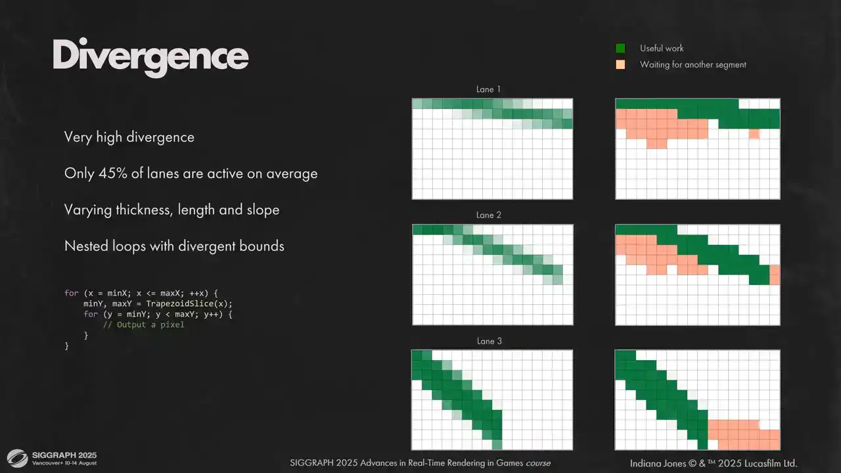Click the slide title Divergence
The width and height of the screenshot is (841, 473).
pyautogui.click(x=150, y=57)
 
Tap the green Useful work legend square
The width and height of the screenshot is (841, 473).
pyautogui.click(x=620, y=48)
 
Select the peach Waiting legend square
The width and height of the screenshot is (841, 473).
pyautogui.click(x=620, y=64)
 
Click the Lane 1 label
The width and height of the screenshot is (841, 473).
pyautogui.click(x=488, y=89)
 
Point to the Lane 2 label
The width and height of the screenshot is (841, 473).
pyautogui.click(x=488, y=215)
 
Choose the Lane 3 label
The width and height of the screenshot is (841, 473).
pyautogui.click(x=489, y=341)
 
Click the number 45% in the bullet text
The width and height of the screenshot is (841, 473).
pyautogui.click(x=112, y=173)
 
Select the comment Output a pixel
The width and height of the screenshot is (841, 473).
pyautogui.click(x=143, y=325)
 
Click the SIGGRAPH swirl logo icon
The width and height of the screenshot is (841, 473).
pyautogui.click(x=17, y=459)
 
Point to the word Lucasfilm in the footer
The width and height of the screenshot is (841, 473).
pyautogui.click(x=761, y=463)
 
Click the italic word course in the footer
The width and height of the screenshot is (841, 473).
pyautogui.click(x=538, y=463)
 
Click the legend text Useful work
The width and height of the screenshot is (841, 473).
pyautogui.click(x=662, y=48)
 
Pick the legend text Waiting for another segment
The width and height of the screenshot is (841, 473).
pyautogui.click(x=693, y=64)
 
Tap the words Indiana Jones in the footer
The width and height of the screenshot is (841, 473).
pyautogui.click(x=658, y=463)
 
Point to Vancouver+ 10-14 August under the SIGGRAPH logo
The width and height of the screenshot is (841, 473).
pyautogui.click(x=64, y=463)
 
